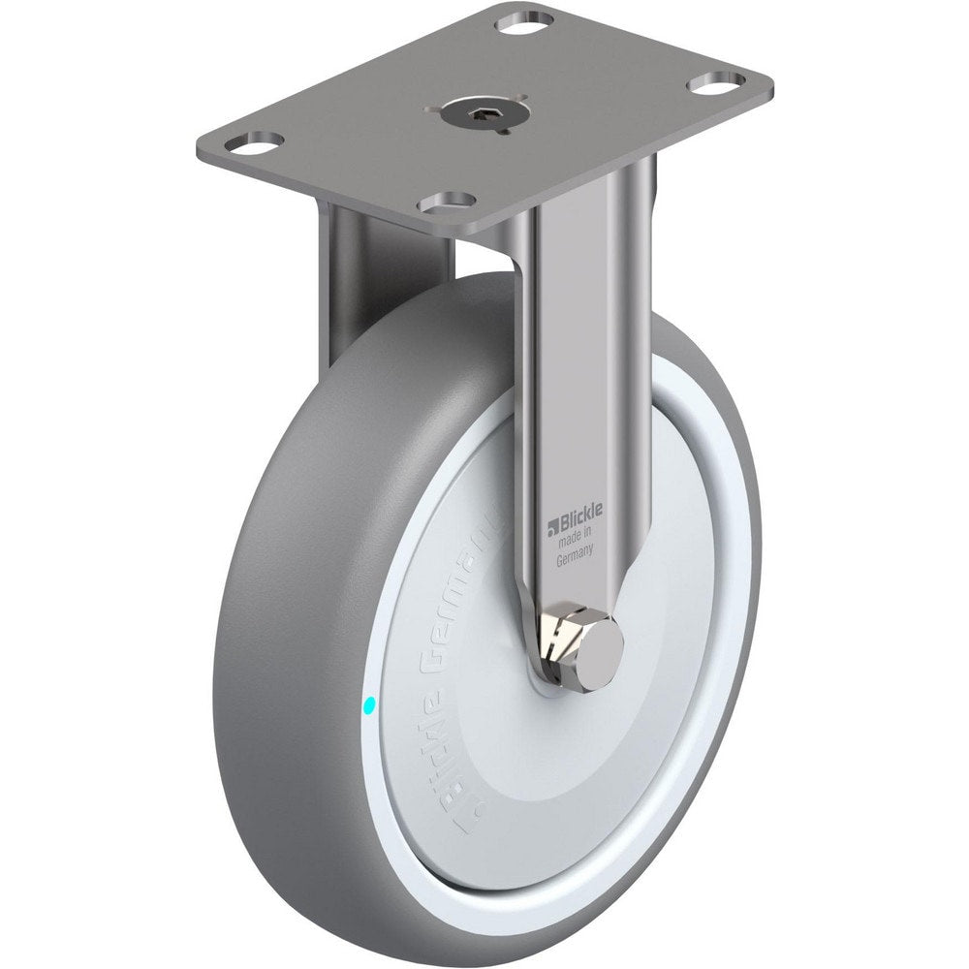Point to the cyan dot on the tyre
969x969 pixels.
(x=366, y=707)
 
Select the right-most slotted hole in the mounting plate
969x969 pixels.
(x=717, y=81)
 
